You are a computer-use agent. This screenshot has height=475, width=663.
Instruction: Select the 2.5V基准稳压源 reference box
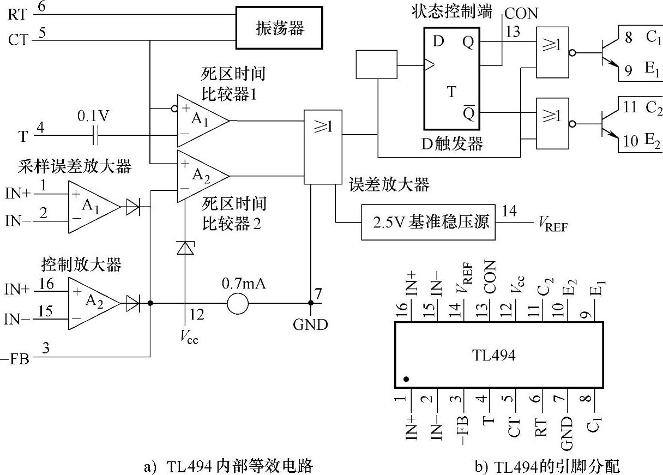coord(429,223)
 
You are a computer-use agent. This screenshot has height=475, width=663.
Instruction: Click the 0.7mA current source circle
coord(237,303)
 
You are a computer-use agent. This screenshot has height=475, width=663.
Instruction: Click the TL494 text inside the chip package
coord(493,355)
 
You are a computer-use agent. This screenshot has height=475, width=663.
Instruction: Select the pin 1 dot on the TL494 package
coord(406,378)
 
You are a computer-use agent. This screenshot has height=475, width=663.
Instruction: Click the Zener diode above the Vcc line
coord(186,248)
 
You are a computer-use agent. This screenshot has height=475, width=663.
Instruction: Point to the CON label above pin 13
coord(521,13)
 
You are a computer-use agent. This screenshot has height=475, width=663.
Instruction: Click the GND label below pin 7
coord(310,325)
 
